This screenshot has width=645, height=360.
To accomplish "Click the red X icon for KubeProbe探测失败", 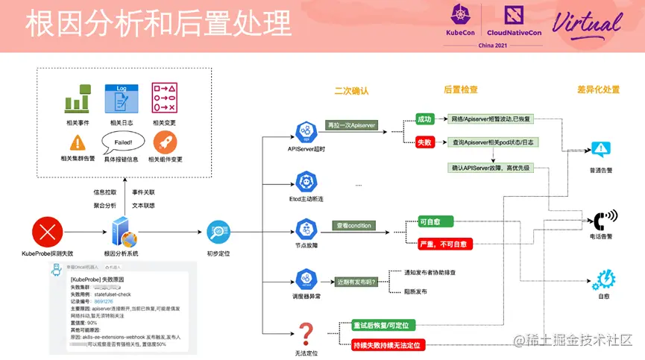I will coord(48,232).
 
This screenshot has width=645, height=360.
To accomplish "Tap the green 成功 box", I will coord(424,118).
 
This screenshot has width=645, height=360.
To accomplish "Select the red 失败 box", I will coord(424,142).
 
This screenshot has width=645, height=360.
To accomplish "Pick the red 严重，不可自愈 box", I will coord(443,244).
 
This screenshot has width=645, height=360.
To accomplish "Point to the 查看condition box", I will coord(353,225).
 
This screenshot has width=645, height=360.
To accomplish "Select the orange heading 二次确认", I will coord(352,90).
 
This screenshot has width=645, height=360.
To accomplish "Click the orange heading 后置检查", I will coord(460,90).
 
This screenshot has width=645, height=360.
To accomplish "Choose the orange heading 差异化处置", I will coord(598,90).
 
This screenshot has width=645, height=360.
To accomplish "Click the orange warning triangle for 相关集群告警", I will coord(78,142).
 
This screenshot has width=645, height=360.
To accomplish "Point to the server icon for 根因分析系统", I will coord(123,233).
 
